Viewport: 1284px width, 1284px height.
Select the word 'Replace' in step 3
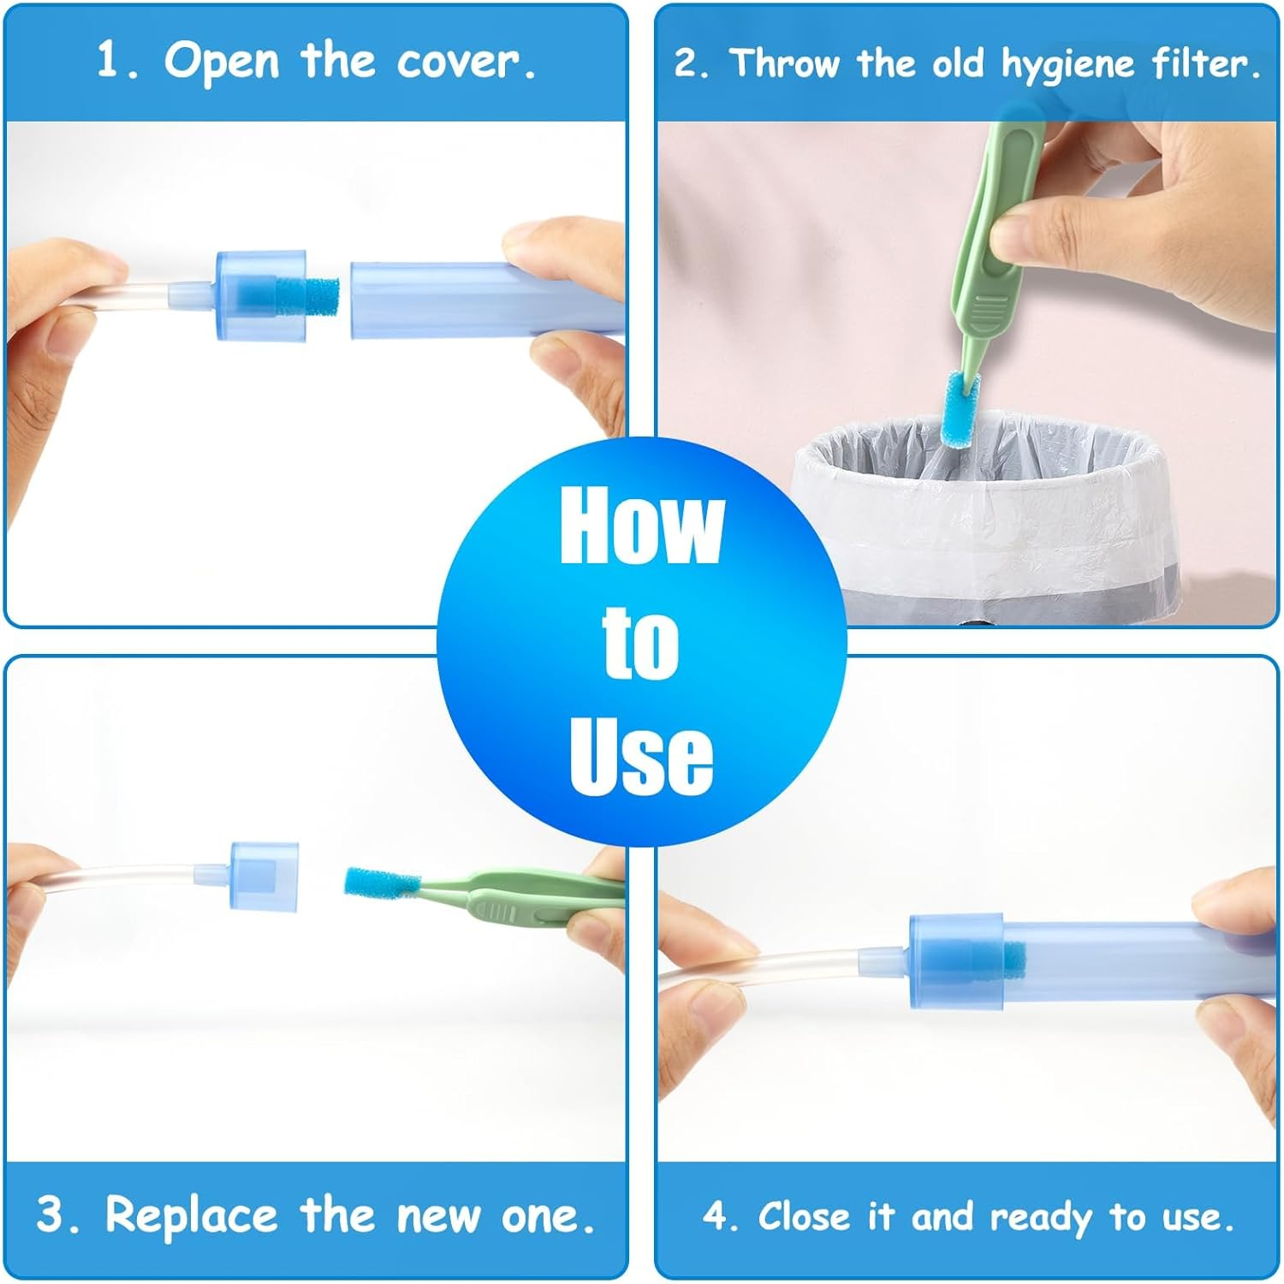pyautogui.click(x=191, y=1215)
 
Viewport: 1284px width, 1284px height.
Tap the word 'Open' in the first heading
pyautogui.click(x=221, y=61)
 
